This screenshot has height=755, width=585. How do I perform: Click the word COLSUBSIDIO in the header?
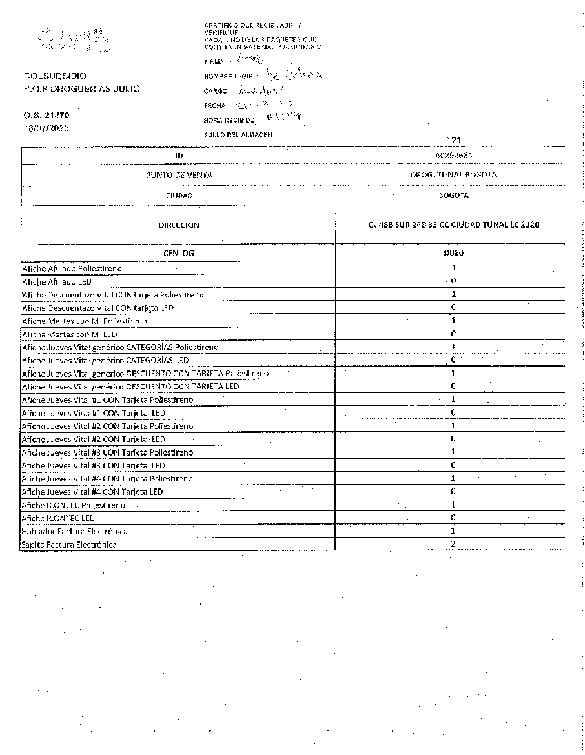click(54, 76)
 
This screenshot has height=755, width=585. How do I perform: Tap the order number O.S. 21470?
click(46, 116)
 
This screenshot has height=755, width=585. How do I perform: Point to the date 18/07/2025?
click(46, 128)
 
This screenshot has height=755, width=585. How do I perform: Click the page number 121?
click(454, 140)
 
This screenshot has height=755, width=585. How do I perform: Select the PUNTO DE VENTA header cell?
click(179, 175)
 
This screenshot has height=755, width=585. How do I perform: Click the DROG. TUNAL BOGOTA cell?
click(453, 175)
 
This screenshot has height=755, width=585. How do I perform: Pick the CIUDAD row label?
click(179, 195)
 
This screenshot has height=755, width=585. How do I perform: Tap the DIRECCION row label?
click(179, 225)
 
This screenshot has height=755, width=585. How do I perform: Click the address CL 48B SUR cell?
click(453, 225)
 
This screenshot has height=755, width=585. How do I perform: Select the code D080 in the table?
click(453, 253)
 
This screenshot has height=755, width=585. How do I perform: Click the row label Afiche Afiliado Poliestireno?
click(72, 268)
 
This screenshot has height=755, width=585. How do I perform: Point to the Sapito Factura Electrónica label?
click(69, 545)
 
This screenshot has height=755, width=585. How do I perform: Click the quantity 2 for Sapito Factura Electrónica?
click(453, 545)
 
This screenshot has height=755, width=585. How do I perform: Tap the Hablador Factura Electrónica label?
click(75, 531)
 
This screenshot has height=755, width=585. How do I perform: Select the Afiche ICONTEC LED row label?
click(58, 518)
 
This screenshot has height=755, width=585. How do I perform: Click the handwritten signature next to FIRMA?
click(252, 58)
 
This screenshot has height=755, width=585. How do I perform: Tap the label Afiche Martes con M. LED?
click(69, 334)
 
